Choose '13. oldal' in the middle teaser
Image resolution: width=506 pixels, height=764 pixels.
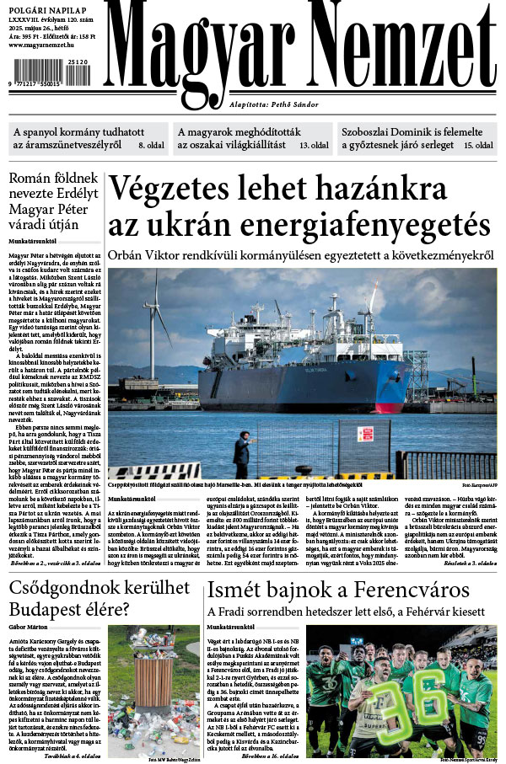[315, 146]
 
